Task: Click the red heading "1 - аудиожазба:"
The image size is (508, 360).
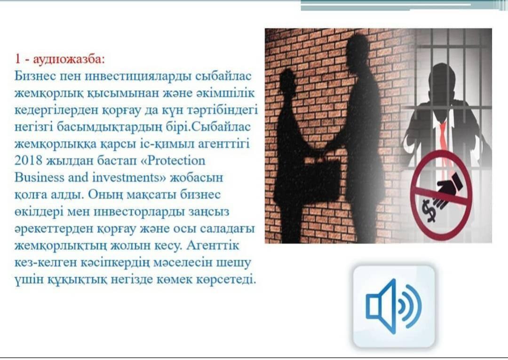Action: [x=60, y=59]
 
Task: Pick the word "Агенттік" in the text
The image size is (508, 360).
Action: [x=213, y=245]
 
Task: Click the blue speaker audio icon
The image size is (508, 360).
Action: [x=394, y=306]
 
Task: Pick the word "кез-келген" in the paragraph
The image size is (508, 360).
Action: [x=43, y=262]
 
